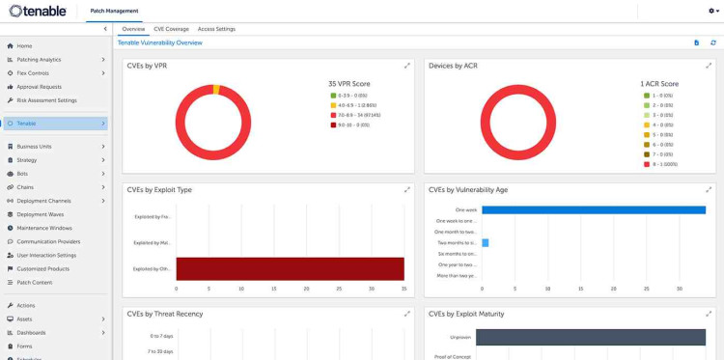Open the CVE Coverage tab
click(x=171, y=29)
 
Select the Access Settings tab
click(x=216, y=29)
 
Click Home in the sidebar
click(x=24, y=45)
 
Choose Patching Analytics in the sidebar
click(x=39, y=59)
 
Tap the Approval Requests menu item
click(x=39, y=86)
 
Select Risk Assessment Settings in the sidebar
click(x=46, y=99)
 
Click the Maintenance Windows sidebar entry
click(x=44, y=228)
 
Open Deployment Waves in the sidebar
click(x=41, y=214)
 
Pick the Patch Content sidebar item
click(x=35, y=282)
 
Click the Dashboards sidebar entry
click(x=31, y=332)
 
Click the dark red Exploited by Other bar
click(x=290, y=269)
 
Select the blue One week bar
click(x=594, y=209)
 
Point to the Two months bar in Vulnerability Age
click(x=486, y=242)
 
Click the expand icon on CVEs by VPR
click(x=406, y=66)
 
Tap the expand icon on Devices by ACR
click(x=709, y=66)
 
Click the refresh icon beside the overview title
click(x=713, y=42)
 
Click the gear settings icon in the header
click(x=711, y=11)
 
